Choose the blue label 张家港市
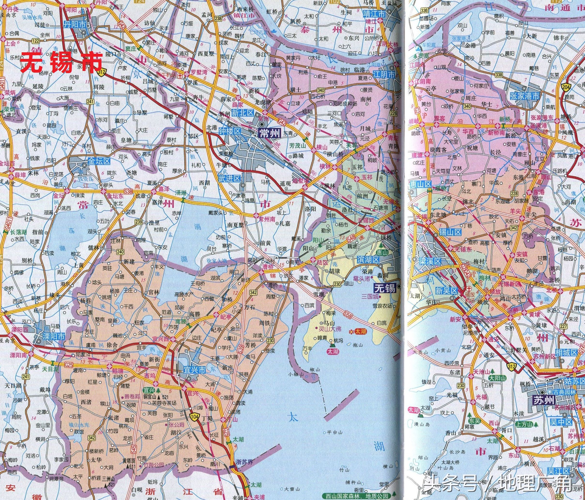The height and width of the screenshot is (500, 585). coord(524,96)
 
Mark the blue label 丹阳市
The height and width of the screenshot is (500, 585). coord(75,25)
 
